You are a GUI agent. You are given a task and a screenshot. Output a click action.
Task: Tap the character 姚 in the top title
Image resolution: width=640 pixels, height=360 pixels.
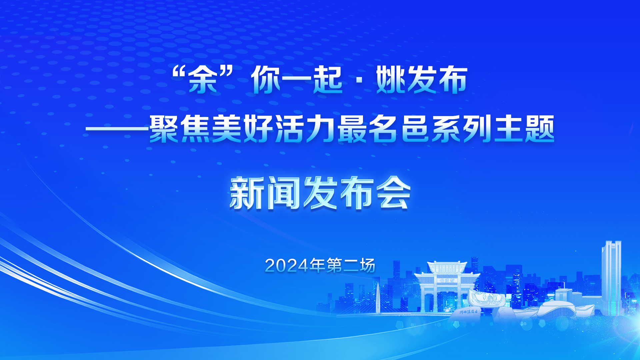click(x=391, y=80)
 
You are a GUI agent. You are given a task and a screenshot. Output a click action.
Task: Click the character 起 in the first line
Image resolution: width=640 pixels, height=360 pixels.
click(x=328, y=80)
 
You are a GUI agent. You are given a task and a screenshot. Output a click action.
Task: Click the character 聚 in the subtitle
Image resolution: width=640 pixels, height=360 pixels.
click(x=164, y=129)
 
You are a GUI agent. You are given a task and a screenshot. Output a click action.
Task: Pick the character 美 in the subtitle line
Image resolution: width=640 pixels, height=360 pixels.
click(x=227, y=129)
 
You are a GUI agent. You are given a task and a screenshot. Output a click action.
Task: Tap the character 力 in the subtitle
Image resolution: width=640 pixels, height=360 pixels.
click(x=321, y=129)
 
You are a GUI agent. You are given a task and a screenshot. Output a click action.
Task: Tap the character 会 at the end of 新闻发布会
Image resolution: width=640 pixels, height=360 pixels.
click(x=393, y=193)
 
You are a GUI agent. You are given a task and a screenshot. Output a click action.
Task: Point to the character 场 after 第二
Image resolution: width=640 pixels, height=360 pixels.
click(x=367, y=265)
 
